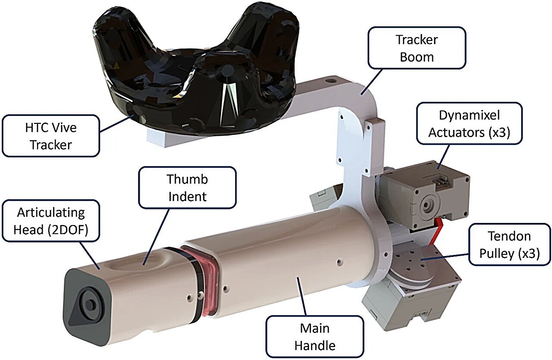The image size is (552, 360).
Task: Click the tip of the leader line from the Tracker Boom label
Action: click(x=361, y=94)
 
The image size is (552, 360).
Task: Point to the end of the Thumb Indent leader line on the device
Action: click(x=144, y=265)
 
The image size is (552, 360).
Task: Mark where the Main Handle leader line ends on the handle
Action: click(x=298, y=277)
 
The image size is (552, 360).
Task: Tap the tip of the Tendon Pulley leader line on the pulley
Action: click(x=421, y=260)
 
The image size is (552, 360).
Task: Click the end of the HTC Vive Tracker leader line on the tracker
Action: click(x=135, y=114)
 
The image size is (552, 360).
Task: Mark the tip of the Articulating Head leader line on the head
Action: click(x=100, y=269)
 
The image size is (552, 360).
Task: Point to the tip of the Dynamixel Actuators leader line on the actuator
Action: click(x=438, y=169)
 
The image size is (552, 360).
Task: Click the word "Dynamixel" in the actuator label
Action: click(x=469, y=115)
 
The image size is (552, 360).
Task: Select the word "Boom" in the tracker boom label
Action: click(x=417, y=57)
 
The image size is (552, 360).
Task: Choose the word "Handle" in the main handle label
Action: click(x=315, y=345)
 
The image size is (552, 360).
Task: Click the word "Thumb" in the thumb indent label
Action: click(x=187, y=179)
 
